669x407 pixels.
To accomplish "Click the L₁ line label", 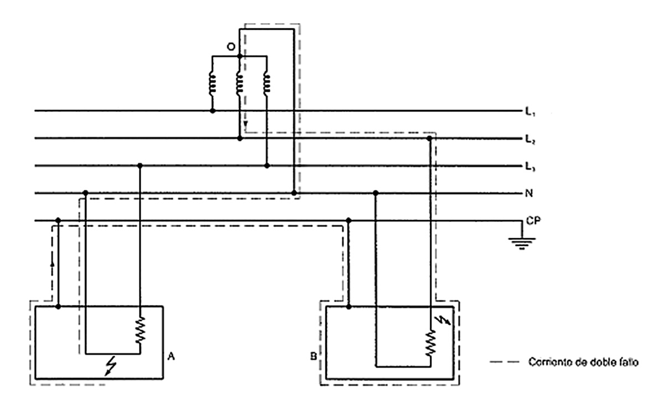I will click(x=529, y=113).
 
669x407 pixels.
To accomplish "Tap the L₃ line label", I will click(x=529, y=166).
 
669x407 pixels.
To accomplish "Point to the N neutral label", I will click(x=528, y=194).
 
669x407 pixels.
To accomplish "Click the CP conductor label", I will click(x=533, y=220).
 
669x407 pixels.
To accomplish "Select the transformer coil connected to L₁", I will click(x=212, y=83).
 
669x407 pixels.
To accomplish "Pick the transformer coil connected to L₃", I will click(x=266, y=83).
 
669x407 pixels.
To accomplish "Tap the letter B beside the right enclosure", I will click(x=313, y=354).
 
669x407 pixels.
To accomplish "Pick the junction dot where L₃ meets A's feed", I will click(x=140, y=165).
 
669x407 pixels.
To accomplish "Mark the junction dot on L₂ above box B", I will click(x=430, y=138).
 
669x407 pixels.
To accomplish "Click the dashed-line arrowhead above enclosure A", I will click(x=52, y=264).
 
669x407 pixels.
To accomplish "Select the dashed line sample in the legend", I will click(x=504, y=363).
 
